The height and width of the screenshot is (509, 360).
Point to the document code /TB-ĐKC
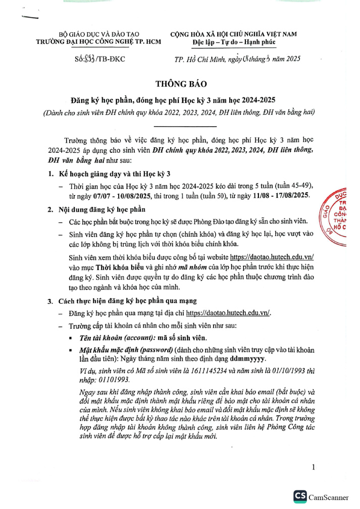(x=110, y=59)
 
